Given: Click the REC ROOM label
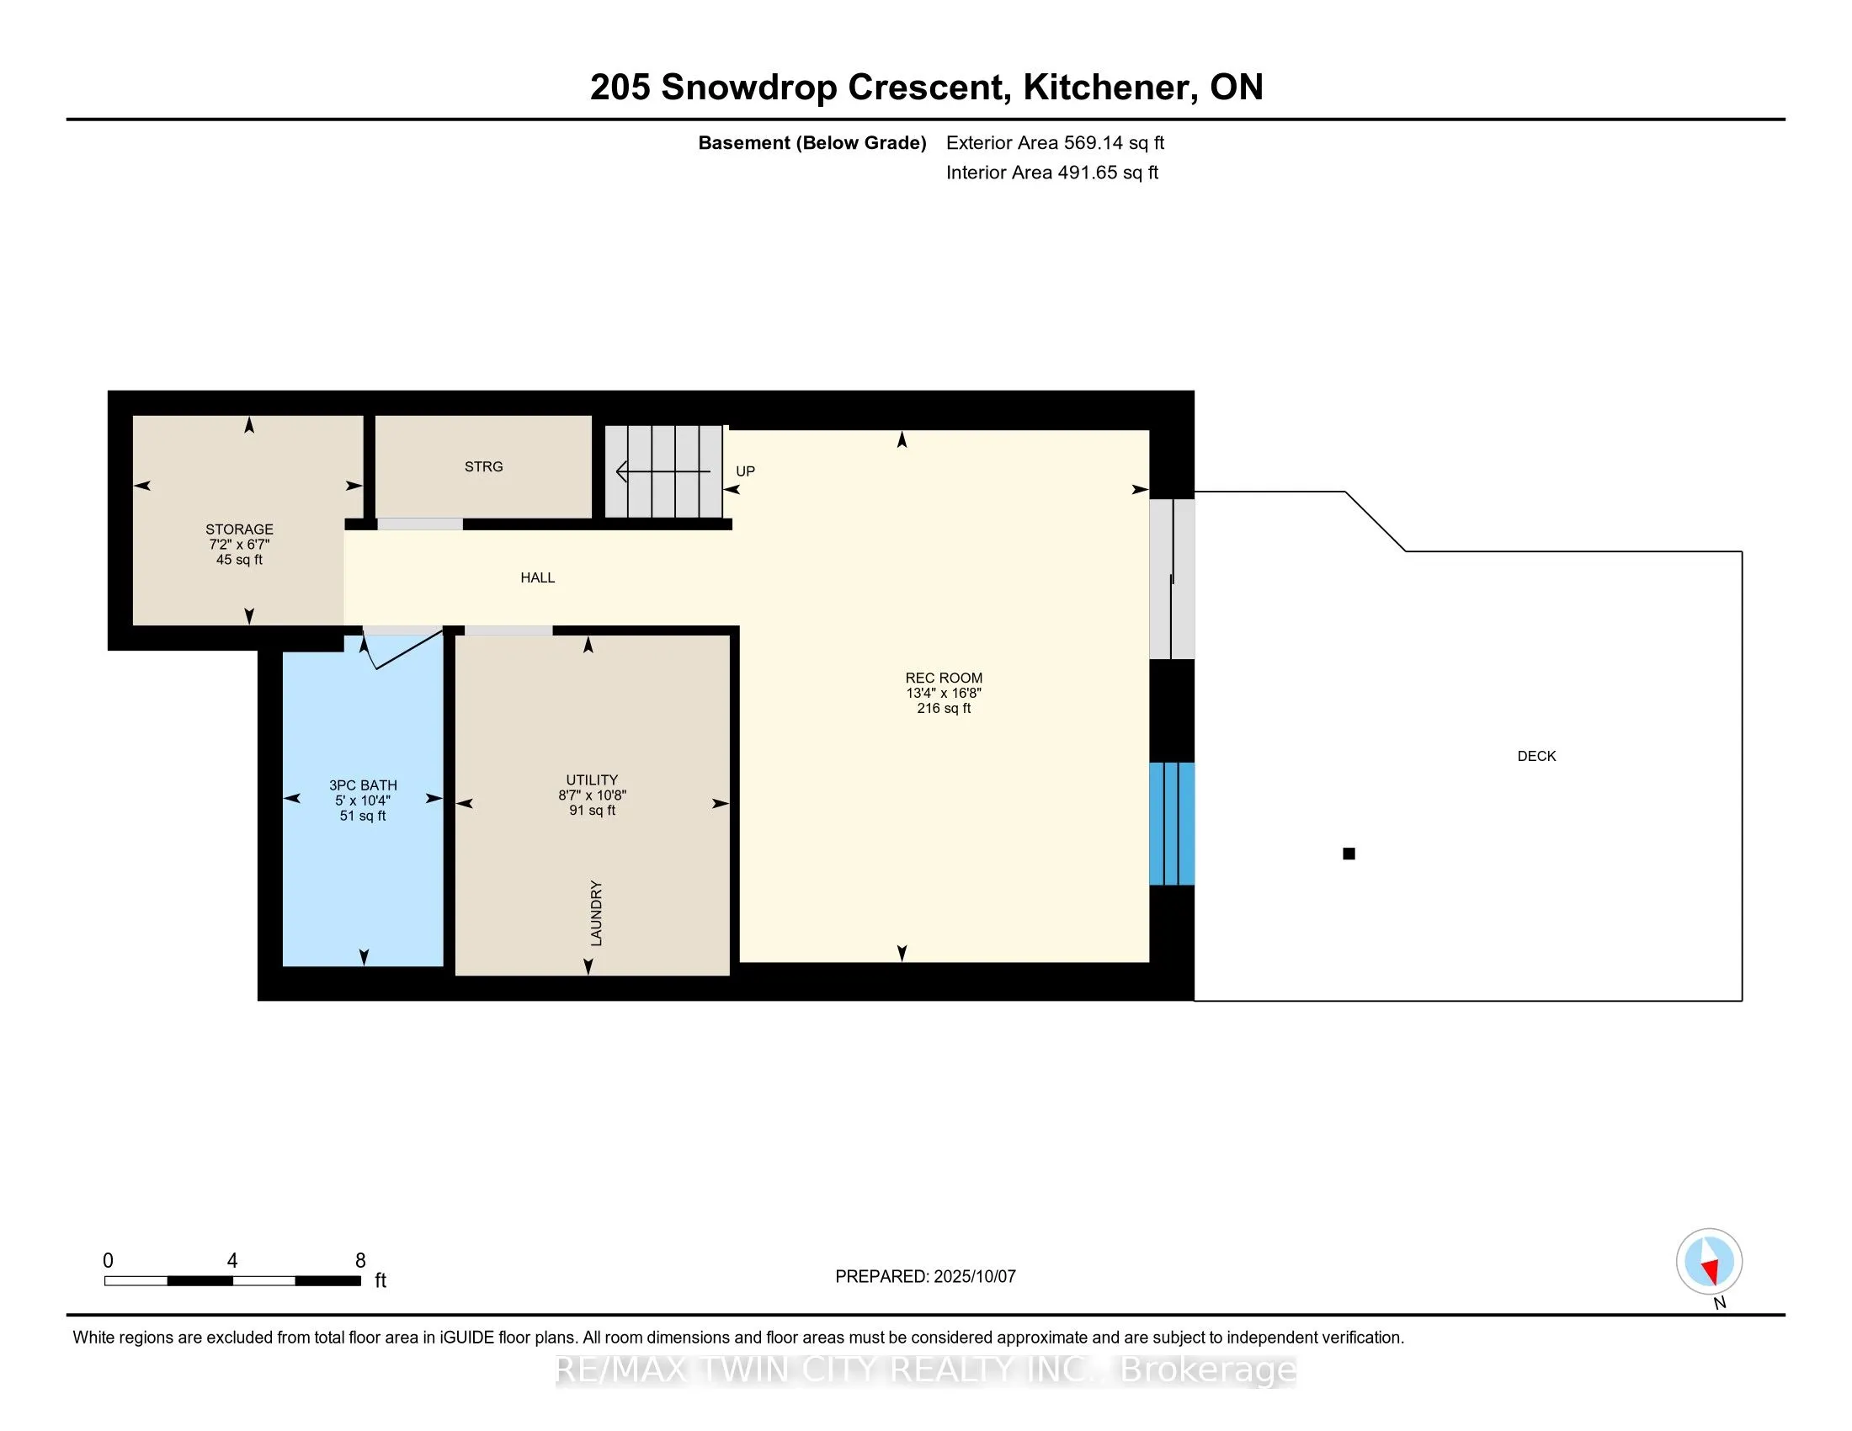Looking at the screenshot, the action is (x=944, y=678).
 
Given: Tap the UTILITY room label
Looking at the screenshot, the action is (x=592, y=780).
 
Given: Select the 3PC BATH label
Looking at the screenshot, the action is (x=363, y=785).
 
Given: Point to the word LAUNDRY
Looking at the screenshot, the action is (x=596, y=913).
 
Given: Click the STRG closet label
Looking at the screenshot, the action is (x=483, y=466).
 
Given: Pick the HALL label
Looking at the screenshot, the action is (x=538, y=577).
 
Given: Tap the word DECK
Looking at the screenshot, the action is (x=1536, y=756).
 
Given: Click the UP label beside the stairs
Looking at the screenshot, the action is (x=745, y=471).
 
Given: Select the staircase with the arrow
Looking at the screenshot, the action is (x=663, y=471).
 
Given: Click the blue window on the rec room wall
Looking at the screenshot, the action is (x=1172, y=823).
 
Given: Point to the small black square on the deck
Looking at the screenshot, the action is (x=1349, y=854).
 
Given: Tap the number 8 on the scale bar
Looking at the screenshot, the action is (x=360, y=1261).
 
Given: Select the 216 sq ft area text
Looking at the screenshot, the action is (x=944, y=708).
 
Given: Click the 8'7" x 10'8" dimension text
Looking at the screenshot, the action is (x=592, y=795).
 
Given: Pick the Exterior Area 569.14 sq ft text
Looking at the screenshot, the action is (x=1056, y=142).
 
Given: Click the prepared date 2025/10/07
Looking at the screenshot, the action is (x=974, y=1277).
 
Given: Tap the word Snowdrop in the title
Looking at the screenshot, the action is (x=748, y=88).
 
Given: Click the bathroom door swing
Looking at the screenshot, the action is (x=402, y=648).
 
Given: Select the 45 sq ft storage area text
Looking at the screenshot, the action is (x=239, y=560).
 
